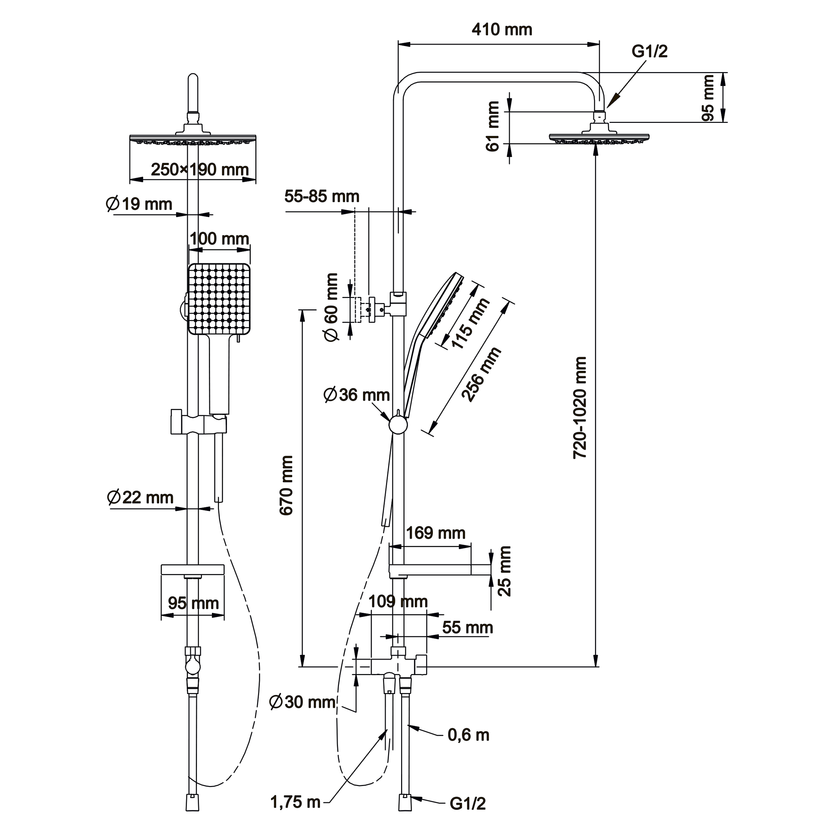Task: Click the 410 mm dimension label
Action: click(502, 29)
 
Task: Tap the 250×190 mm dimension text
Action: click(200, 169)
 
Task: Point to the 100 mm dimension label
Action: click(219, 238)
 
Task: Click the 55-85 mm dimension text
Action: click(322, 196)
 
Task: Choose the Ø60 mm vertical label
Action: click(332, 307)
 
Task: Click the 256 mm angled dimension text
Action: click(481, 374)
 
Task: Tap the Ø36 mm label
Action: click(357, 394)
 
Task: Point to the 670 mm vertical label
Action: click(287, 485)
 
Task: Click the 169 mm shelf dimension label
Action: click(436, 533)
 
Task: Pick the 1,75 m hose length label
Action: click(296, 802)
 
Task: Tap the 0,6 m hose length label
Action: click(468, 735)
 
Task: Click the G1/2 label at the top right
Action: click(649, 51)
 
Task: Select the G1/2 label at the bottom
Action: click(467, 803)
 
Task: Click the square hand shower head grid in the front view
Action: click(219, 299)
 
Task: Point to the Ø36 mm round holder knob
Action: click(398, 425)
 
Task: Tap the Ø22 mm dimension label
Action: click(140, 497)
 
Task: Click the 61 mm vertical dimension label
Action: click(493, 126)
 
